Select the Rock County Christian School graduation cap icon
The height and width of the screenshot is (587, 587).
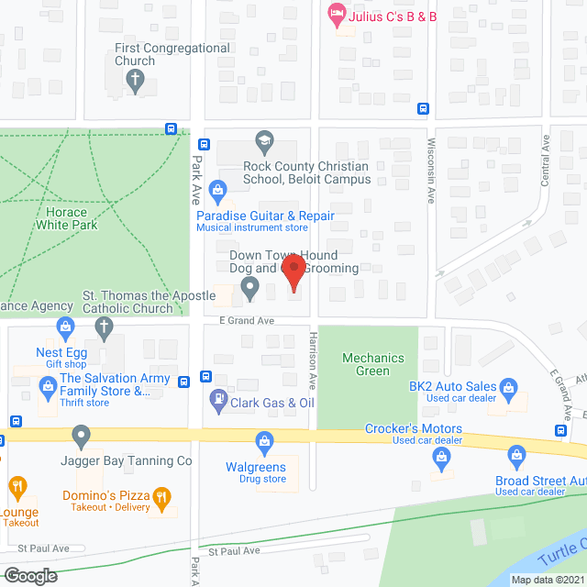[264, 141]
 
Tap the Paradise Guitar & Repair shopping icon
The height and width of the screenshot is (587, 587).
[218, 190]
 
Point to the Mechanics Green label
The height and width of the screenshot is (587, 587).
[366, 364]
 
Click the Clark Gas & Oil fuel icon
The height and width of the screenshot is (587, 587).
[218, 398]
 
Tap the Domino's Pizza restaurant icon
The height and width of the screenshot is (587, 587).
[161, 498]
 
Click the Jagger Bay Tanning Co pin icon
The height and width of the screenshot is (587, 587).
[81, 435]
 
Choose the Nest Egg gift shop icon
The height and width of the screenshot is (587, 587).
[64, 327]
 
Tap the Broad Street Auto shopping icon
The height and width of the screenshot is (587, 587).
[516, 455]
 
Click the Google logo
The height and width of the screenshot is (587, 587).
[29, 575]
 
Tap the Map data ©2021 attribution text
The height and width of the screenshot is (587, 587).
[547, 579]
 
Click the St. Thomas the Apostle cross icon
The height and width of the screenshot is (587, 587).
[104, 327]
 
